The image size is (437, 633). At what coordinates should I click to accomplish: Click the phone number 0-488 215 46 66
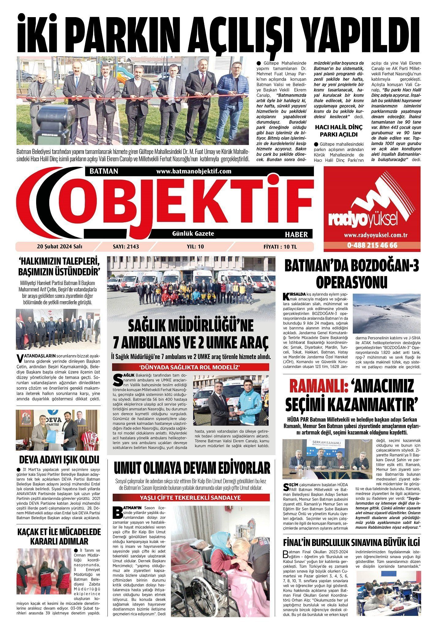pos(372,245)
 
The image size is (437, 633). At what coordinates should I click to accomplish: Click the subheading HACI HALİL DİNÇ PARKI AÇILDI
pos(338,130)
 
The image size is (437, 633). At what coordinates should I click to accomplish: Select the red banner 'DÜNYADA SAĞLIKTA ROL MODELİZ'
pos(191,367)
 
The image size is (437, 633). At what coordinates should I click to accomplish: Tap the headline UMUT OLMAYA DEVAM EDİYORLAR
pos(192,468)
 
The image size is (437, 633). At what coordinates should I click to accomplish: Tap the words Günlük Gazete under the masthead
pos(193,234)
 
